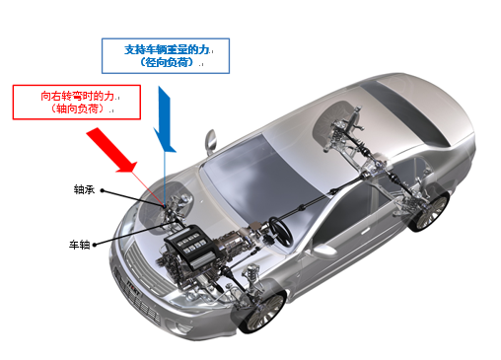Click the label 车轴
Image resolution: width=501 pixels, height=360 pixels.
point(79,244)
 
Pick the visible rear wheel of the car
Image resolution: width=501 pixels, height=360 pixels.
point(427,211)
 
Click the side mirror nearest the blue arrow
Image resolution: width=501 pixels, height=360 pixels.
point(210,141)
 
